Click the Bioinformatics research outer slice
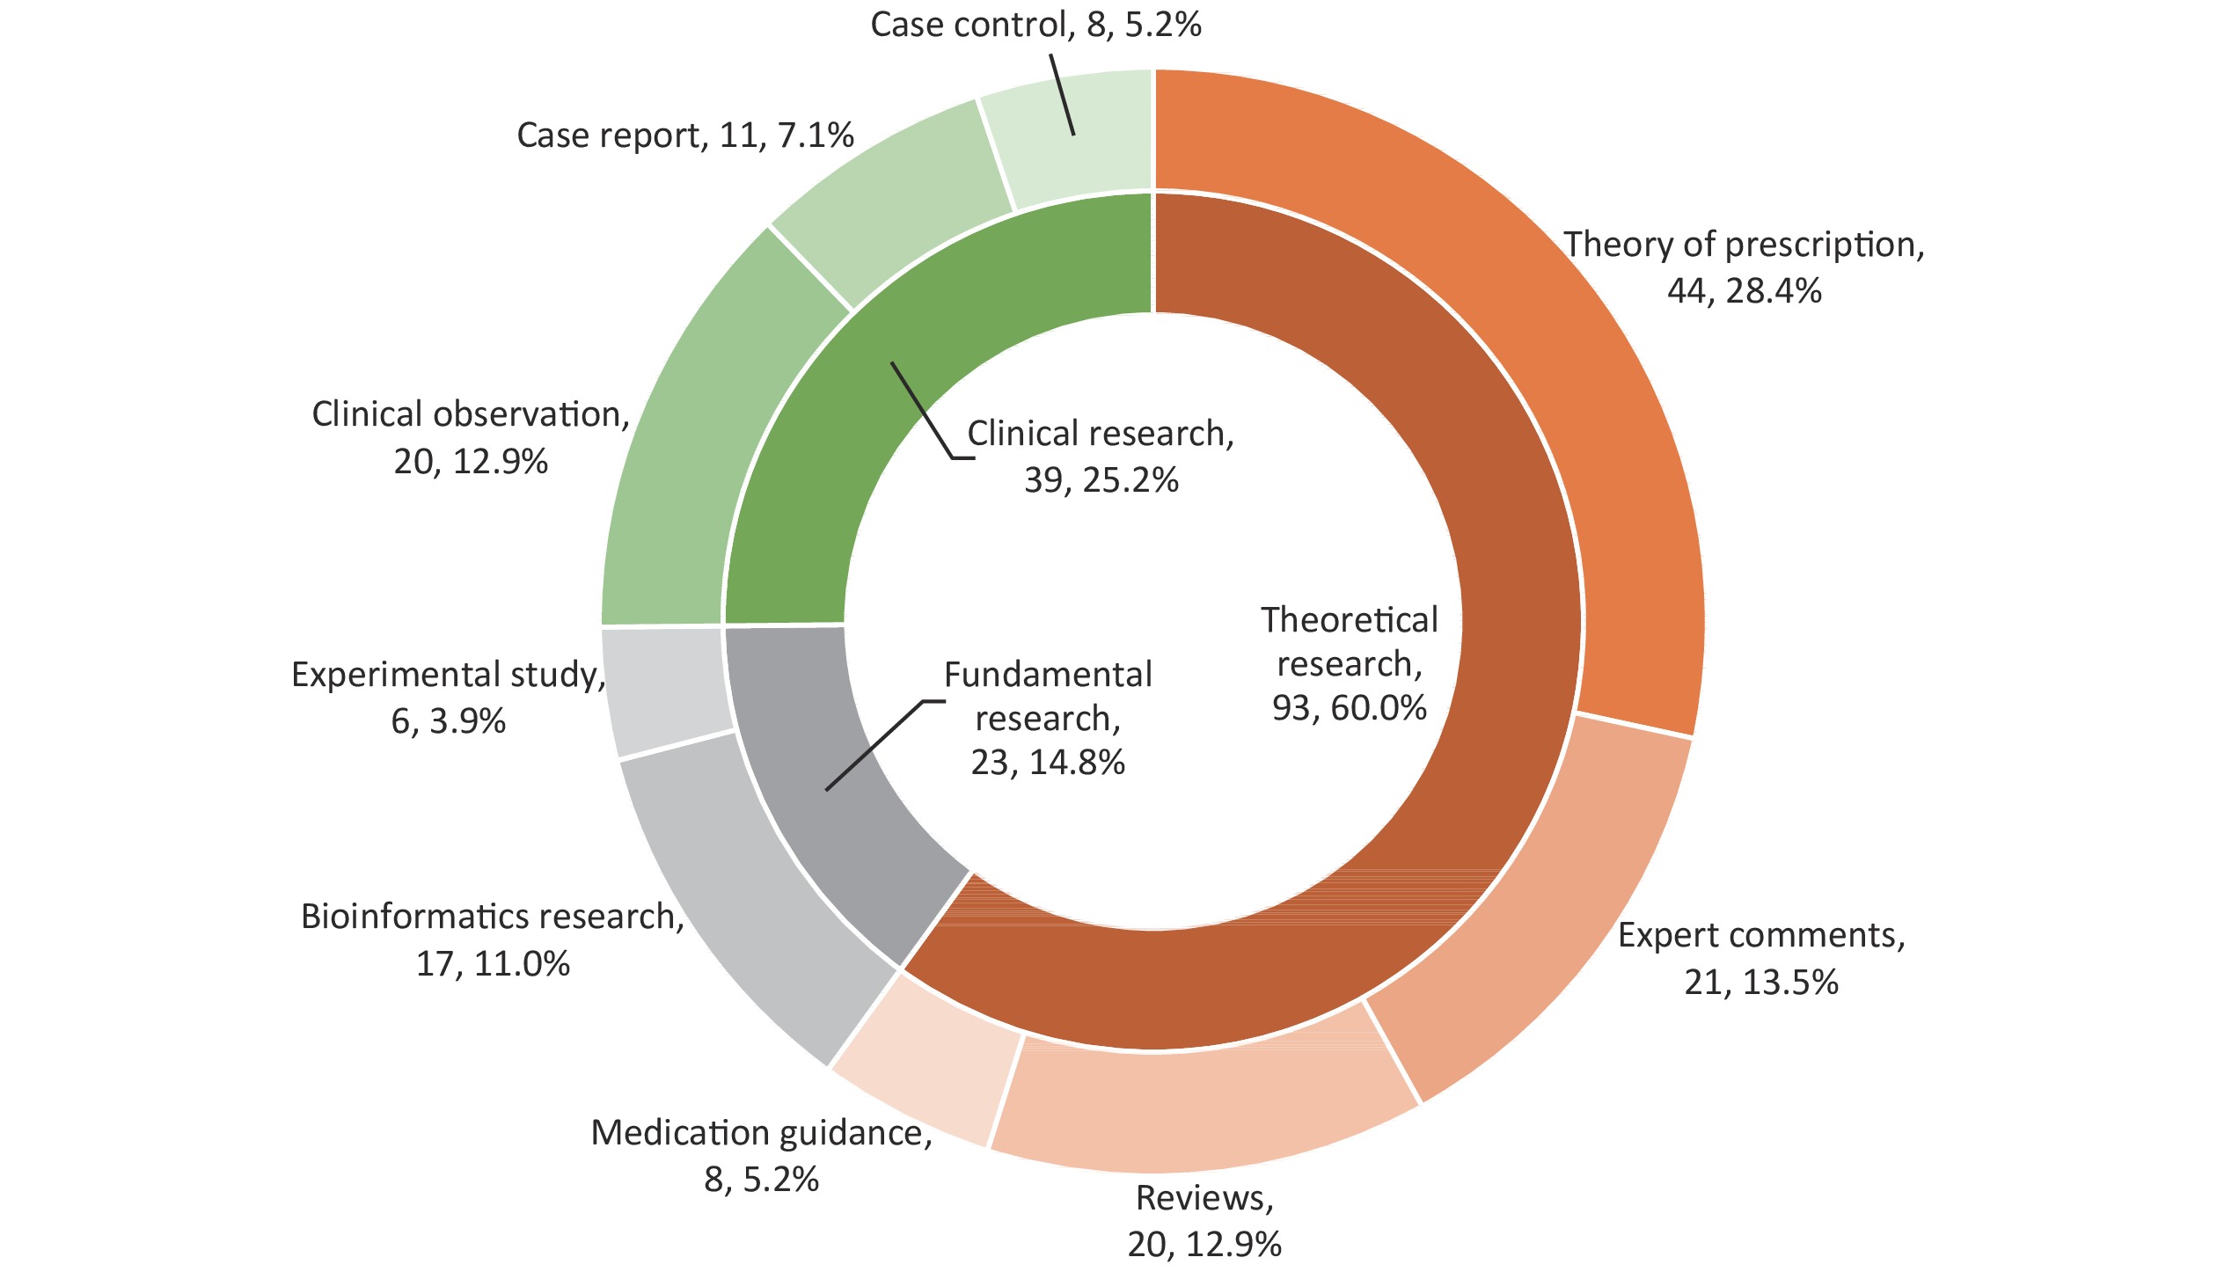[757, 888]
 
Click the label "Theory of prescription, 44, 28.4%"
[1745, 267]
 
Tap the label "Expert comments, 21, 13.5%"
[1762, 958]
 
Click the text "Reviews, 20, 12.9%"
[1205, 1221]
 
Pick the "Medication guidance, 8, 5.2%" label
[761, 1156]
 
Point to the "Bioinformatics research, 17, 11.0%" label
[493, 939]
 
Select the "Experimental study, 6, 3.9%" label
[449, 698]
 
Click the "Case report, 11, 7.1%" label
[685, 135]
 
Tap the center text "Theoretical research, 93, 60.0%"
[1350, 664]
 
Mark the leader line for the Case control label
[1062, 95]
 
